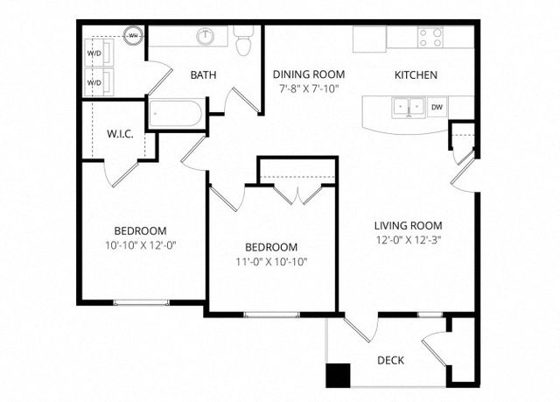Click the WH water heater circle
134,36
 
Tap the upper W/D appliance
99,53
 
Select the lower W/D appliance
99,82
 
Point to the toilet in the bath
244,41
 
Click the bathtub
175,113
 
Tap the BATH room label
203,75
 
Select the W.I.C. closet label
121,134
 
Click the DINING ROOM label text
309,74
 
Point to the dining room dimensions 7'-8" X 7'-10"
309,88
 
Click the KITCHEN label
416,75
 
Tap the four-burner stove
430,38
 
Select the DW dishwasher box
437,107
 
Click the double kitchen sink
409,107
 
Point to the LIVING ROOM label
409,226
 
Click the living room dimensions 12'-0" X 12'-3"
409,240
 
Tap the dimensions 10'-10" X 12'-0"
141,245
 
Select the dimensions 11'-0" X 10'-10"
271,262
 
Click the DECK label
391,360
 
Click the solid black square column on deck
338,376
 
